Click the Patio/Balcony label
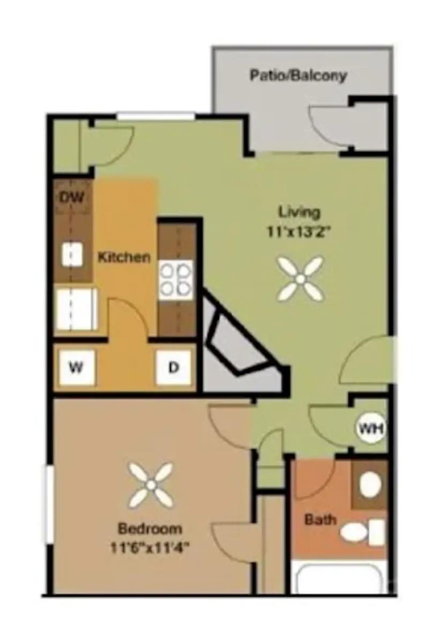[298, 75]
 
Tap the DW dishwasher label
[72, 197]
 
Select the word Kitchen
[124, 257]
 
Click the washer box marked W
[77, 368]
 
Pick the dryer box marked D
[173, 368]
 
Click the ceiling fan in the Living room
[301, 278]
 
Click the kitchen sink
[72, 255]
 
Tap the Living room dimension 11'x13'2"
[299, 233]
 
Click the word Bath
[321, 519]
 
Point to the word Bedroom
[150, 529]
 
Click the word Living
[299, 212]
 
